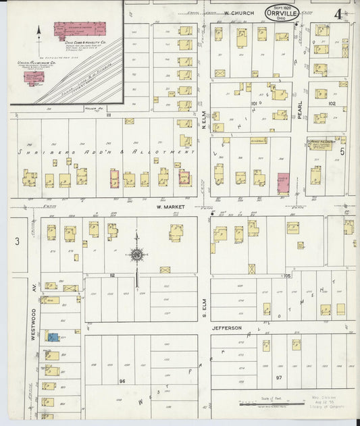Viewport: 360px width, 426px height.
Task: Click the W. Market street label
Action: [170, 207]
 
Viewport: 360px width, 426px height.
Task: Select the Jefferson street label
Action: [228, 328]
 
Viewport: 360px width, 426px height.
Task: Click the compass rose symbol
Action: [136, 255]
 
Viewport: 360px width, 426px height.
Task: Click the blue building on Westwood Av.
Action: [52, 336]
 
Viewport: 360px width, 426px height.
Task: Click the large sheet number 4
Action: [337, 13]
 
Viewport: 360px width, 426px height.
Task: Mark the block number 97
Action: [278, 377]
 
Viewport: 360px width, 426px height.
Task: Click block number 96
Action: [122, 381]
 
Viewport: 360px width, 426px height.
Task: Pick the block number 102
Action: [331, 104]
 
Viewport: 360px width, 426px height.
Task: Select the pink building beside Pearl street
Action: [282, 183]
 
